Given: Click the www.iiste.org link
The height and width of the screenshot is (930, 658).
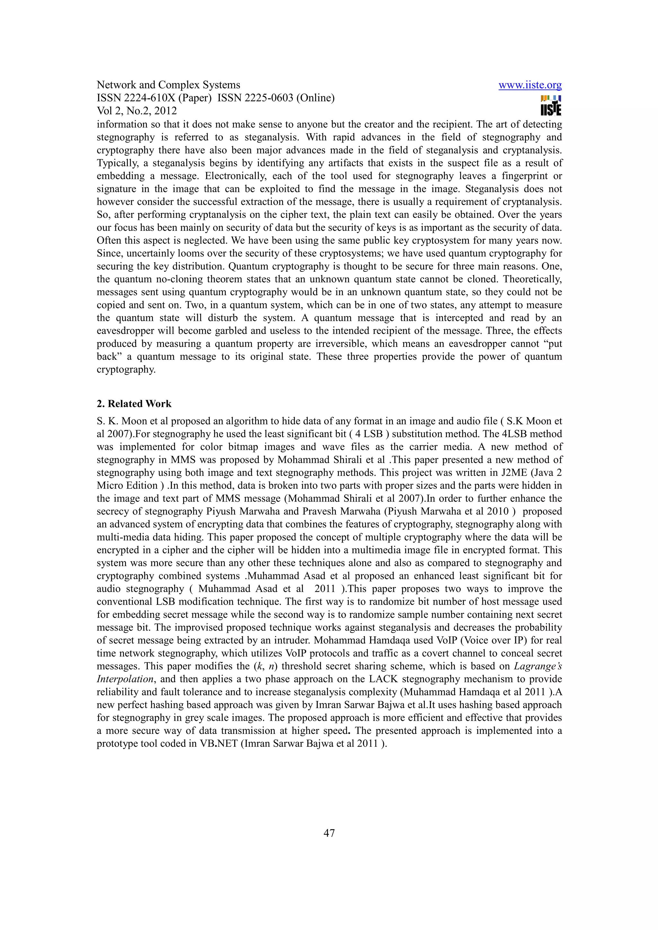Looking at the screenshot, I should (x=530, y=85).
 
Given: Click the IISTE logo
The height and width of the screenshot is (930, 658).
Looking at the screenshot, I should (x=551, y=106).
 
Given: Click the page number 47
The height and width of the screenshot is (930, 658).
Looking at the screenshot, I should (x=329, y=833).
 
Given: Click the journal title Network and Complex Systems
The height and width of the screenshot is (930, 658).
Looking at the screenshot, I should (x=168, y=85).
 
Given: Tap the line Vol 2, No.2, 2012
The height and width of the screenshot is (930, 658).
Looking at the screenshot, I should (x=137, y=111).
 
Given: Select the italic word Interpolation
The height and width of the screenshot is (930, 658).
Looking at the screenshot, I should (x=125, y=679).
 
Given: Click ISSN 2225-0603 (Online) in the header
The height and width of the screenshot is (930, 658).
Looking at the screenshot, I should (x=276, y=98).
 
